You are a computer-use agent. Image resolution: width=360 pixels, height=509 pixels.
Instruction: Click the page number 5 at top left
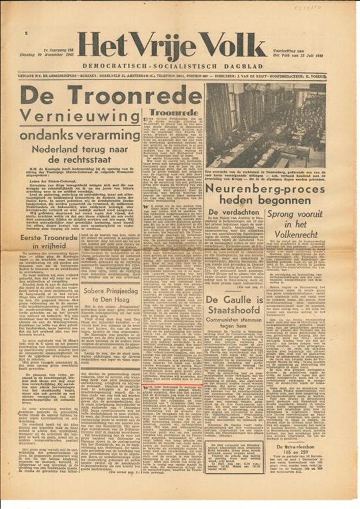pos(25,33)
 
